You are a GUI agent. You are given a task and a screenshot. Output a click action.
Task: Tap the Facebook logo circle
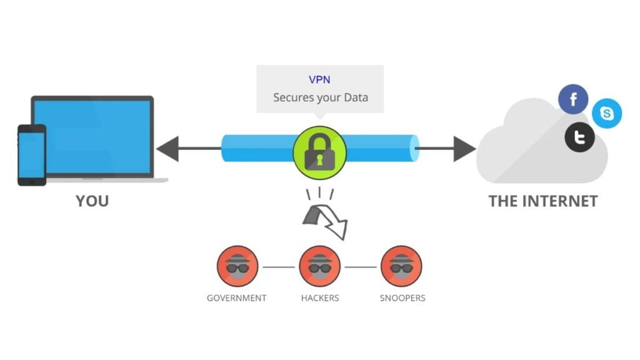tap(573, 99)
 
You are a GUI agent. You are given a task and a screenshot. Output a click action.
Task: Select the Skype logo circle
tap(606, 114)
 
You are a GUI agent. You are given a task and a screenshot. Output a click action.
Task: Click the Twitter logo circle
tap(579, 138)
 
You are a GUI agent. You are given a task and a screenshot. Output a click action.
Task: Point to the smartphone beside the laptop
tap(31, 155)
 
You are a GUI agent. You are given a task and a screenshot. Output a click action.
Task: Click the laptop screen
tap(92, 136)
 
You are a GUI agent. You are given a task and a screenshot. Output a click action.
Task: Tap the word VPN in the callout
tap(320, 80)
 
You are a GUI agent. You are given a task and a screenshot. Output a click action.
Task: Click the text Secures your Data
tap(320, 97)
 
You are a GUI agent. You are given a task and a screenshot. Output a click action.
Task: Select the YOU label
tap(92, 201)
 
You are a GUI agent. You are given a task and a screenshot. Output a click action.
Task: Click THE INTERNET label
tap(542, 201)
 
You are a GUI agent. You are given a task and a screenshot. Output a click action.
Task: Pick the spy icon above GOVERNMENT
tap(237, 266)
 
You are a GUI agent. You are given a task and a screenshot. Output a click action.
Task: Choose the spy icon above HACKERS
tap(319, 266)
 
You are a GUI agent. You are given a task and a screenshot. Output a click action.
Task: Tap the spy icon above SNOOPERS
tap(402, 266)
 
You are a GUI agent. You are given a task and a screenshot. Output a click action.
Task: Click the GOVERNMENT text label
tap(237, 298)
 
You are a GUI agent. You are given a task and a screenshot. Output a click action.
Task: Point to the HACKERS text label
tap(319, 298)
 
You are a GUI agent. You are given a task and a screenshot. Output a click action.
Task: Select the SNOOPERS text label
tap(402, 298)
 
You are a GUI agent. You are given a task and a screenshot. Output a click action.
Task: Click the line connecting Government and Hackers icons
tap(278, 267)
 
